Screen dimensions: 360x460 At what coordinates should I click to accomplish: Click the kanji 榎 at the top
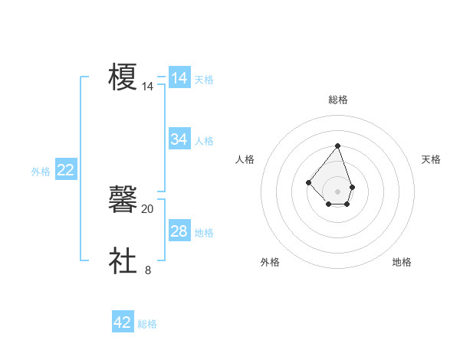pos(123,77)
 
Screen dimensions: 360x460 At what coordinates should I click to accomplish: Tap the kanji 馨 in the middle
pos(123,200)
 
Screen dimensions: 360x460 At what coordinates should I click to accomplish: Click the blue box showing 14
pos(179,78)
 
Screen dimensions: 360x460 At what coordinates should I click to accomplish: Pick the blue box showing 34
pos(179,139)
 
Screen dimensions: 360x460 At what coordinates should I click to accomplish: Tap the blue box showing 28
pos(179,231)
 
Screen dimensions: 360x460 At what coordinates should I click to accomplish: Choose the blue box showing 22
pos(65,170)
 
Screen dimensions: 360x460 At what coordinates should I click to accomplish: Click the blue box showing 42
pos(123,322)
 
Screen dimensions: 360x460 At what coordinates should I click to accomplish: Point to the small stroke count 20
pos(148,208)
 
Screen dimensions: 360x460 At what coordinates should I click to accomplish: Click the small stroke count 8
pos(148,270)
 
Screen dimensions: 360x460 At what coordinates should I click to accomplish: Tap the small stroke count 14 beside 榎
pos(148,87)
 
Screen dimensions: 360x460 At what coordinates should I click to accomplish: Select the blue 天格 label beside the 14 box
pos(204,79)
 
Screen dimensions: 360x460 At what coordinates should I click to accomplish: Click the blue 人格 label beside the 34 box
pos(204,140)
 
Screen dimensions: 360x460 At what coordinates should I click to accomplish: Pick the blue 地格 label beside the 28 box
pos(204,232)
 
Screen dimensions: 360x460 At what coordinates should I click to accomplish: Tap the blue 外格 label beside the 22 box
pos(41,172)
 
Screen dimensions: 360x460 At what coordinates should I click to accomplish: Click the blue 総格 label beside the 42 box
pos(147,324)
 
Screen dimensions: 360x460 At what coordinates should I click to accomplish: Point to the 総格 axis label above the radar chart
pos(337,100)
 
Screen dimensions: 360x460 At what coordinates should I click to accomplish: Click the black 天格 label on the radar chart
pos(431,159)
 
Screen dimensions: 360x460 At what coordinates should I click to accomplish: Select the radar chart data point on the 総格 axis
pos(337,146)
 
